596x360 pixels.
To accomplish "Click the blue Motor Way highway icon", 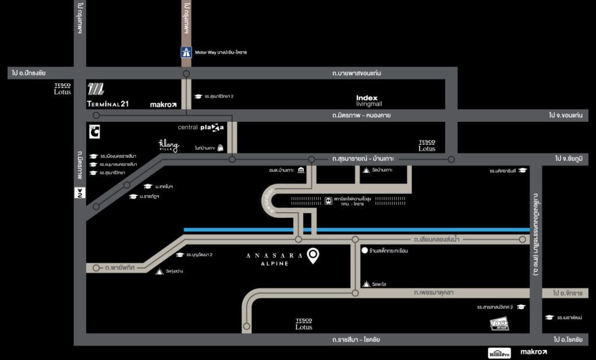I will click(x=186, y=52).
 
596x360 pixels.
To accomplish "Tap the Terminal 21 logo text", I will click(x=107, y=104).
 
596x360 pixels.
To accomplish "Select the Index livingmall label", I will click(x=367, y=101).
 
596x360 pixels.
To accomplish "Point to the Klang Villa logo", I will click(x=168, y=146).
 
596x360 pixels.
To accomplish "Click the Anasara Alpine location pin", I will click(x=313, y=256).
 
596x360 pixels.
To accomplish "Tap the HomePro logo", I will click(x=499, y=352).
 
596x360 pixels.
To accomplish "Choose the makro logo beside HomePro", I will click(x=533, y=352).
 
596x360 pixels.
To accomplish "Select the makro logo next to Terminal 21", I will click(x=163, y=105).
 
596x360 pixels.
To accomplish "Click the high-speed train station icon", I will click(x=329, y=200).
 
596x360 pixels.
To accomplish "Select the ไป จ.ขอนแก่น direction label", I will click(x=565, y=115).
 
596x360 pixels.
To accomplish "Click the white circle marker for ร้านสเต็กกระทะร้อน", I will click(x=364, y=251).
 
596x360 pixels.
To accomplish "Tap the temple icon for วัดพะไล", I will click(x=366, y=284).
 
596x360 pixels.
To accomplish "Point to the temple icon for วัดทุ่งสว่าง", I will click(x=161, y=271).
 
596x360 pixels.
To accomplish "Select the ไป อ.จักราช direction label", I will click(x=567, y=293).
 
